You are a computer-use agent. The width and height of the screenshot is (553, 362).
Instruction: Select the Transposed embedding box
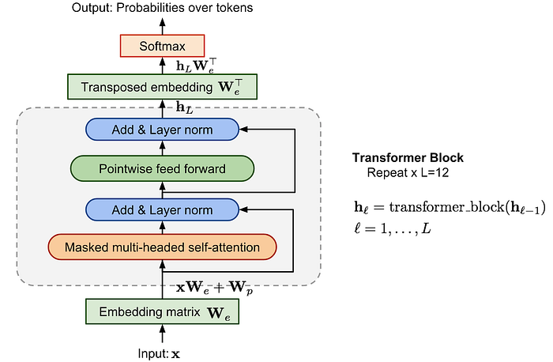point(162,86)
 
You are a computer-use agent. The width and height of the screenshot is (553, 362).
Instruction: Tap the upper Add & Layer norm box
point(162,128)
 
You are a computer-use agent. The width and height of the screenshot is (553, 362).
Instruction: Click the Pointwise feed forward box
point(162,168)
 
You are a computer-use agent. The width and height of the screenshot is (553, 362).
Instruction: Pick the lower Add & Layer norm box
point(162,209)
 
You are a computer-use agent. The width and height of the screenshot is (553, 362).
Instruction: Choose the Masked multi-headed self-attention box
point(162,247)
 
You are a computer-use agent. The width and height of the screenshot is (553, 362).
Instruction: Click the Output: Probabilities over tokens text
point(163,9)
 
